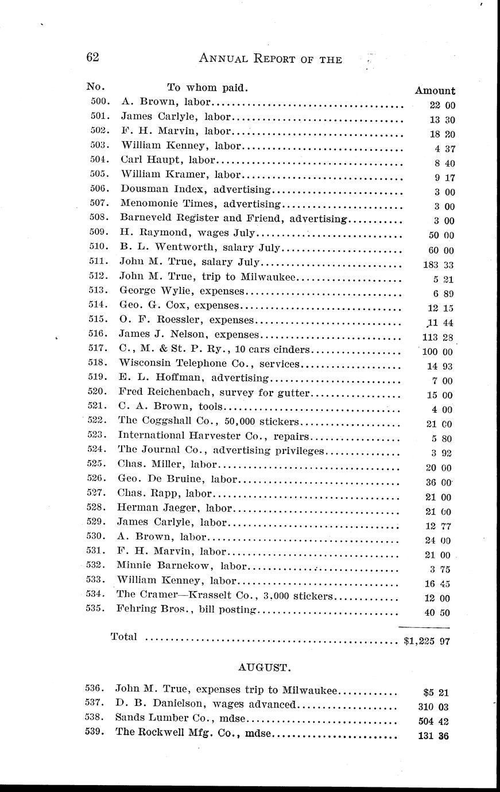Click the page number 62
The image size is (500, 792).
(92, 57)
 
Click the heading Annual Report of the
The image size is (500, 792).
(269, 59)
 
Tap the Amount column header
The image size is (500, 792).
(435, 91)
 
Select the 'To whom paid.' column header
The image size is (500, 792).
(207, 88)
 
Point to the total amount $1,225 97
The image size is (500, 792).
(425, 642)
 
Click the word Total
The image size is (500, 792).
(123, 636)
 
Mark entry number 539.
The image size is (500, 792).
(95, 732)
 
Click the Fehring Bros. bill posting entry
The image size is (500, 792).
(185, 609)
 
